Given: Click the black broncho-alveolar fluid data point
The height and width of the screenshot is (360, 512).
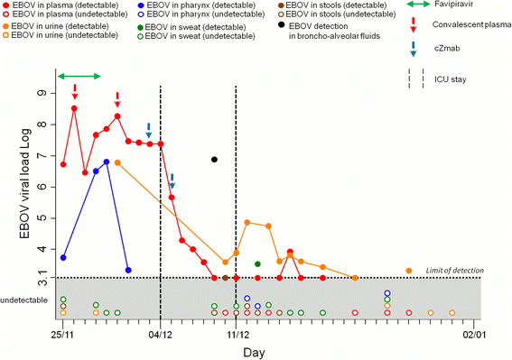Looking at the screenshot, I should pyautogui.click(x=214, y=160).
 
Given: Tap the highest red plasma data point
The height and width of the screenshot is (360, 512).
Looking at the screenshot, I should pyautogui.click(x=74, y=108).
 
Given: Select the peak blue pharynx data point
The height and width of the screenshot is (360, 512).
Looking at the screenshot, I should pyautogui.click(x=107, y=162).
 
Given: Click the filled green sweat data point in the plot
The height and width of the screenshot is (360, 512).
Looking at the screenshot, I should pyautogui.click(x=257, y=264).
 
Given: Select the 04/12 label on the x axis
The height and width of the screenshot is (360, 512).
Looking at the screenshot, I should pyautogui.click(x=160, y=334).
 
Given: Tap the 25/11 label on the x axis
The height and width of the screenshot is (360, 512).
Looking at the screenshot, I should pyautogui.click(x=63, y=334).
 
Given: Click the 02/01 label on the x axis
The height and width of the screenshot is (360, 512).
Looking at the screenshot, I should pyautogui.click(x=474, y=334).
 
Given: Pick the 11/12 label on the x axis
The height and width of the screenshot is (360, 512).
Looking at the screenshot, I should pyautogui.click(x=236, y=334).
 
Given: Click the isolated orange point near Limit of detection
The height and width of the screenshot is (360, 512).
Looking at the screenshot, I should pyautogui.click(x=409, y=271).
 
